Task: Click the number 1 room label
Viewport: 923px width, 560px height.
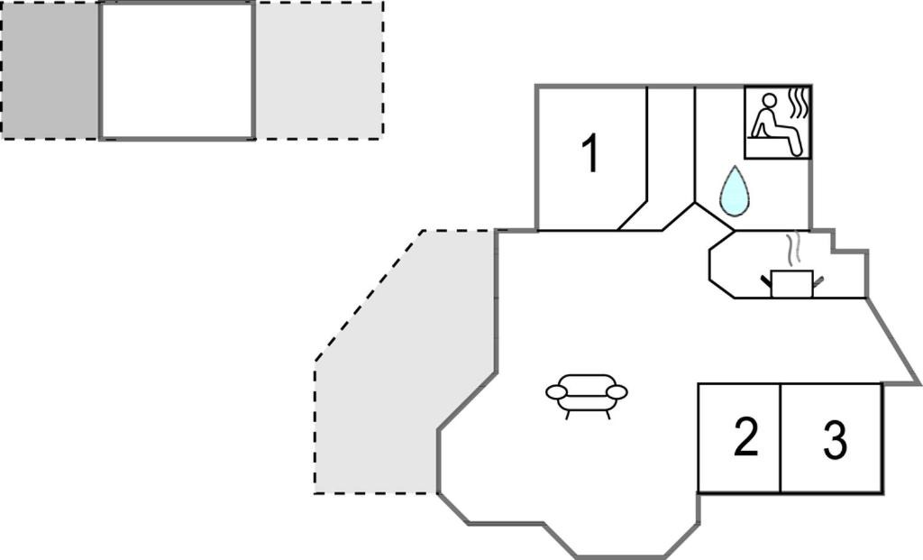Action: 590,153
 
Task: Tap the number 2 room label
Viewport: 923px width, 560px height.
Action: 745,438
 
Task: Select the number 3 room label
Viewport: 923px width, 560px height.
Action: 836,441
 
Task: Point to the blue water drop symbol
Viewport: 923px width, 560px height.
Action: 735,191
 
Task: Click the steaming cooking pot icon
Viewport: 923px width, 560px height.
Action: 792,281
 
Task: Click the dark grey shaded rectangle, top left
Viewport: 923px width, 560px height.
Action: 50,70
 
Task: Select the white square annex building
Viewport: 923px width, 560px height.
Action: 177,70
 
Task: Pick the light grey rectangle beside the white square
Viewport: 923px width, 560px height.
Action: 319,70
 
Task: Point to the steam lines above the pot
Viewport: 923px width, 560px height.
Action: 793,248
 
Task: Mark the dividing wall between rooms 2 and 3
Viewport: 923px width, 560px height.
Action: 781,438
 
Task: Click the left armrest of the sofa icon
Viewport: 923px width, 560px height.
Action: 557,392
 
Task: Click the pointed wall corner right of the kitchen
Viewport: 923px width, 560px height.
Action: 918,383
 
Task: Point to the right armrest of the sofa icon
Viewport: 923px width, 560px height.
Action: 617,391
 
